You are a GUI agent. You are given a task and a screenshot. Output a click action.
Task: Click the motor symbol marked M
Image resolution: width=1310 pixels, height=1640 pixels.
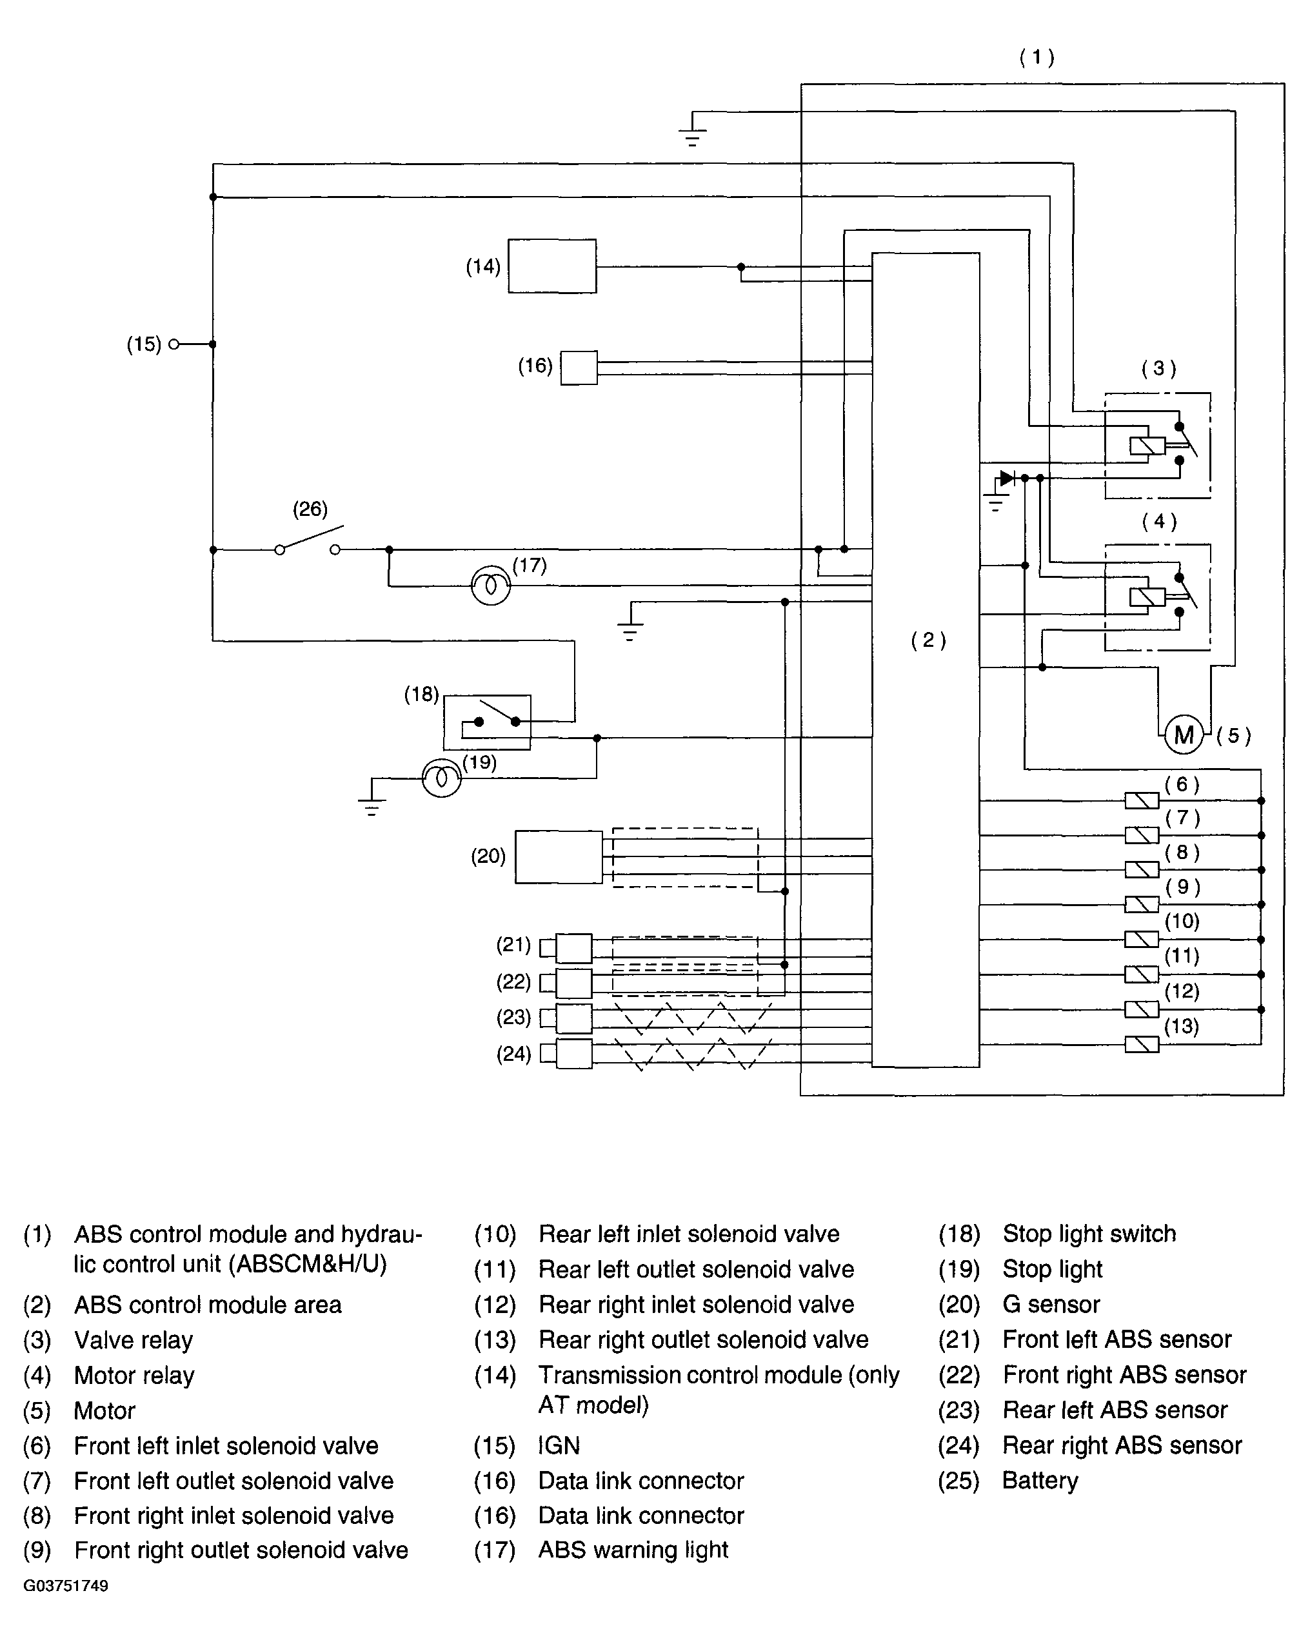tap(1183, 734)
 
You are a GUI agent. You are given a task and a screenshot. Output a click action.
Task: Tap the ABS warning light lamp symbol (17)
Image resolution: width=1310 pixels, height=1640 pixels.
tap(491, 585)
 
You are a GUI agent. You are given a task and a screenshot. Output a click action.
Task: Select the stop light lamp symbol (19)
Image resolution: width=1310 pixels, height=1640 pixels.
tap(441, 777)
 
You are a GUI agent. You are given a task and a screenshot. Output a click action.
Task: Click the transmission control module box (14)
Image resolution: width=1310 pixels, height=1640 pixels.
tap(552, 266)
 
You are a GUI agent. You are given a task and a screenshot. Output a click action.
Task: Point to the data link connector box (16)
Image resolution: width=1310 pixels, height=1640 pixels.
tap(579, 368)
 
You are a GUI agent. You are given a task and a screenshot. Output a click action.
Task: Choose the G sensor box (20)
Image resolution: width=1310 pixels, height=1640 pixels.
tap(559, 857)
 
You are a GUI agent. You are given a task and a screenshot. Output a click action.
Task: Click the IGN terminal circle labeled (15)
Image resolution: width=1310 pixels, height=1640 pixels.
tap(174, 344)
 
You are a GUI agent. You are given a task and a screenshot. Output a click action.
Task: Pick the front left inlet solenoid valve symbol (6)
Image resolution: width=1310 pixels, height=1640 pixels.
tap(1142, 800)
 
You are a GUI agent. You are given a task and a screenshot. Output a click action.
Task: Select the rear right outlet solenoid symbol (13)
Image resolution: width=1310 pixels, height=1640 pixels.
tap(1142, 1044)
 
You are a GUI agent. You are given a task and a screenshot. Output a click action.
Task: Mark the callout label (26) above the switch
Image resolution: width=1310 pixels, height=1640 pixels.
tap(310, 509)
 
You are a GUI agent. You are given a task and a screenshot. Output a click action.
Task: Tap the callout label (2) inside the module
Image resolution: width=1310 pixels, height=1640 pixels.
tap(929, 640)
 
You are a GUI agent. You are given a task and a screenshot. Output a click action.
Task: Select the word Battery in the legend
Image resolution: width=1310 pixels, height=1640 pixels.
tap(1040, 1480)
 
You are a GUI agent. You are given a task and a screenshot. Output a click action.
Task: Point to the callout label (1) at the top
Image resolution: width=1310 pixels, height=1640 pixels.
tap(1037, 58)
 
